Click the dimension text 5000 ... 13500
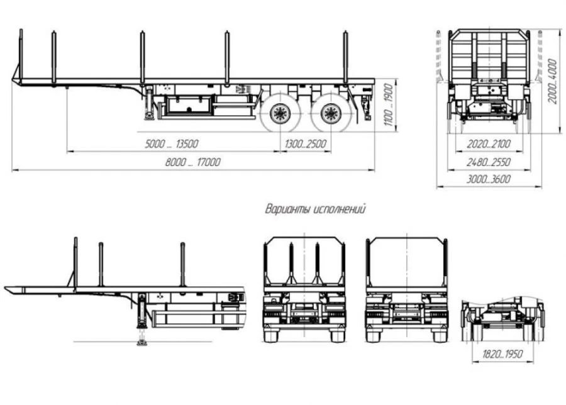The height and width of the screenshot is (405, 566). coord(172,144)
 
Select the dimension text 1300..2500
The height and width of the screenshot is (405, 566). coord(305,144)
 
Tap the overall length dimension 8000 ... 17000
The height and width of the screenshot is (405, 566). coord(193,162)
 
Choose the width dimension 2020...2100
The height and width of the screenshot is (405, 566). coord(488,144)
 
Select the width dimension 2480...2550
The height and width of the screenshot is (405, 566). coord(488,162)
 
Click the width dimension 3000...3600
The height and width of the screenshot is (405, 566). coord(488,179)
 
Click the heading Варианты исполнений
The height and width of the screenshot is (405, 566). coord(315,209)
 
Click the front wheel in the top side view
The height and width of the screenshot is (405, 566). coord(279,113)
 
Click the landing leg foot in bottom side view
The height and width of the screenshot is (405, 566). coord(139,343)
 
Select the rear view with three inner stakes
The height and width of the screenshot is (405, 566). coord(304,289)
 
